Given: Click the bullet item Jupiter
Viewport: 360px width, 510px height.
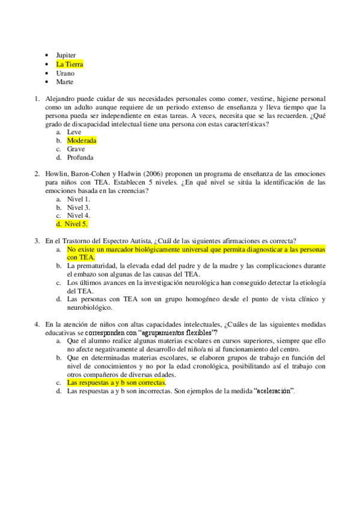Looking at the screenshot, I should click(66, 55).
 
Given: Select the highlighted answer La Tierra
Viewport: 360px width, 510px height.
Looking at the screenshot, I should click(69, 64).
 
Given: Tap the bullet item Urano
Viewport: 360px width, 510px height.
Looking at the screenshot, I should click(65, 73).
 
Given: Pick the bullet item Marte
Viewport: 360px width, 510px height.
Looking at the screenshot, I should click(64, 82).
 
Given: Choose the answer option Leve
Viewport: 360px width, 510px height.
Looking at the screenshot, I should click(74, 132).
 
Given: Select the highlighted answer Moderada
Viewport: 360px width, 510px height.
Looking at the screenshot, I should click(81, 140).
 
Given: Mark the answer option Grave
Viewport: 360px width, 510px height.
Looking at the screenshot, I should click(76, 149).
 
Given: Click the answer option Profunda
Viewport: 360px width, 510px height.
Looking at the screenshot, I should click(80, 158).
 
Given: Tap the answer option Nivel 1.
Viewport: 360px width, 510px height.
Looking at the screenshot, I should click(78, 199).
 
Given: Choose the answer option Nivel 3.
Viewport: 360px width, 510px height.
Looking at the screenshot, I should click(78, 207).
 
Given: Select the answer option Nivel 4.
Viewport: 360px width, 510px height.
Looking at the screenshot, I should click(78, 215).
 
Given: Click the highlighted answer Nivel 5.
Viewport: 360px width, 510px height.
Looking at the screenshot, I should click(76, 224).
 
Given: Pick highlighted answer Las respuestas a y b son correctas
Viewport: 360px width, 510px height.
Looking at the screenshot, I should click(116, 382).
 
